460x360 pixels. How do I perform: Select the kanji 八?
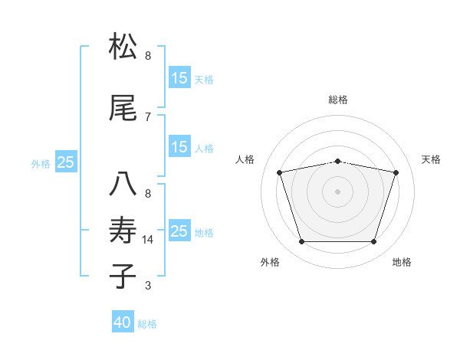click(x=123, y=185)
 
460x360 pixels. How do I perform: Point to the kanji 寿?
click(x=123, y=229)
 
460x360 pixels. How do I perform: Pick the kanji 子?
click(x=123, y=276)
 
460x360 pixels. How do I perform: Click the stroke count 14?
click(x=149, y=240)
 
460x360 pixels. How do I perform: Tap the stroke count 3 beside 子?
click(x=148, y=286)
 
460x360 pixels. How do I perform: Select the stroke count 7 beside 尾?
click(x=148, y=116)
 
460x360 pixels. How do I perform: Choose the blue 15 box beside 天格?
click(x=179, y=78)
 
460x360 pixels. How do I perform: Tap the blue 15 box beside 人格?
click(x=179, y=147)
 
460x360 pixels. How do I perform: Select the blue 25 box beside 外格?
click(x=66, y=162)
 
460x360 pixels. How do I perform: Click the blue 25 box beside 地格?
click(x=179, y=231)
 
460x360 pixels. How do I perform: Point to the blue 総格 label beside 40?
click(x=147, y=324)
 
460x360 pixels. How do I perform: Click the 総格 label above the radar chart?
click(x=338, y=100)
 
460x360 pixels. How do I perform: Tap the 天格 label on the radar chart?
click(x=431, y=159)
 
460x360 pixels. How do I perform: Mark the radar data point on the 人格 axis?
click(x=280, y=173)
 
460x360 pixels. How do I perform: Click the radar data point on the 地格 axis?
click(x=373, y=242)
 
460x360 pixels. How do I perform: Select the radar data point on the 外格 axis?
click(x=301, y=242)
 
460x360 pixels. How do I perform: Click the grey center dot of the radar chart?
click(x=337, y=191)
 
